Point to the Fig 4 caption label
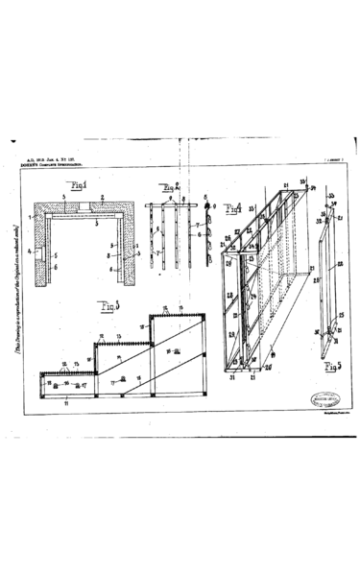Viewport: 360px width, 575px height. click(x=233, y=208)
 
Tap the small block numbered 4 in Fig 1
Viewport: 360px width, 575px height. click(x=44, y=253)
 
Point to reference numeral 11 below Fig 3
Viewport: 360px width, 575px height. click(x=65, y=406)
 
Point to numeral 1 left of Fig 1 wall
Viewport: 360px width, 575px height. click(x=30, y=219)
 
